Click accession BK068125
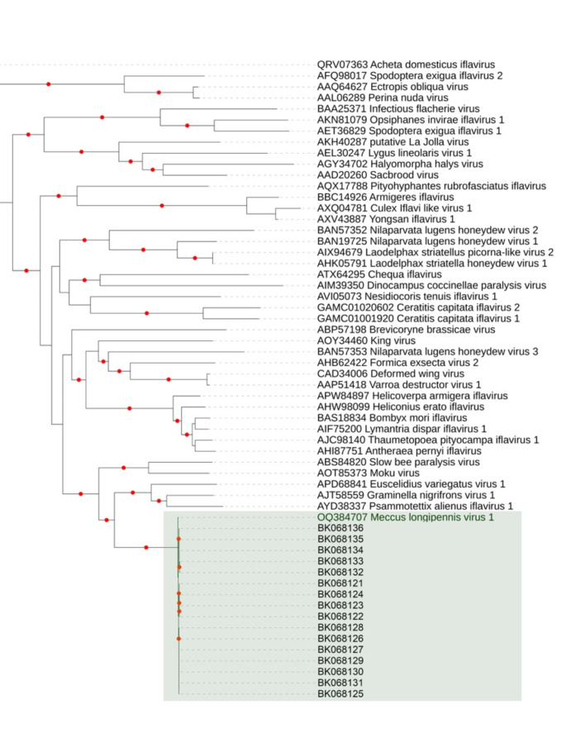[x=340, y=695]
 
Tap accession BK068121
[x=340, y=583]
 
